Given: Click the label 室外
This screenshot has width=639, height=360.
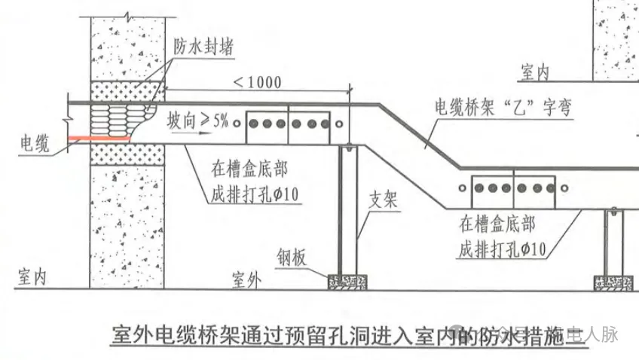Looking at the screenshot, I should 243,281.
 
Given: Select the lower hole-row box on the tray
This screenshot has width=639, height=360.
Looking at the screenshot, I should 513,187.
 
